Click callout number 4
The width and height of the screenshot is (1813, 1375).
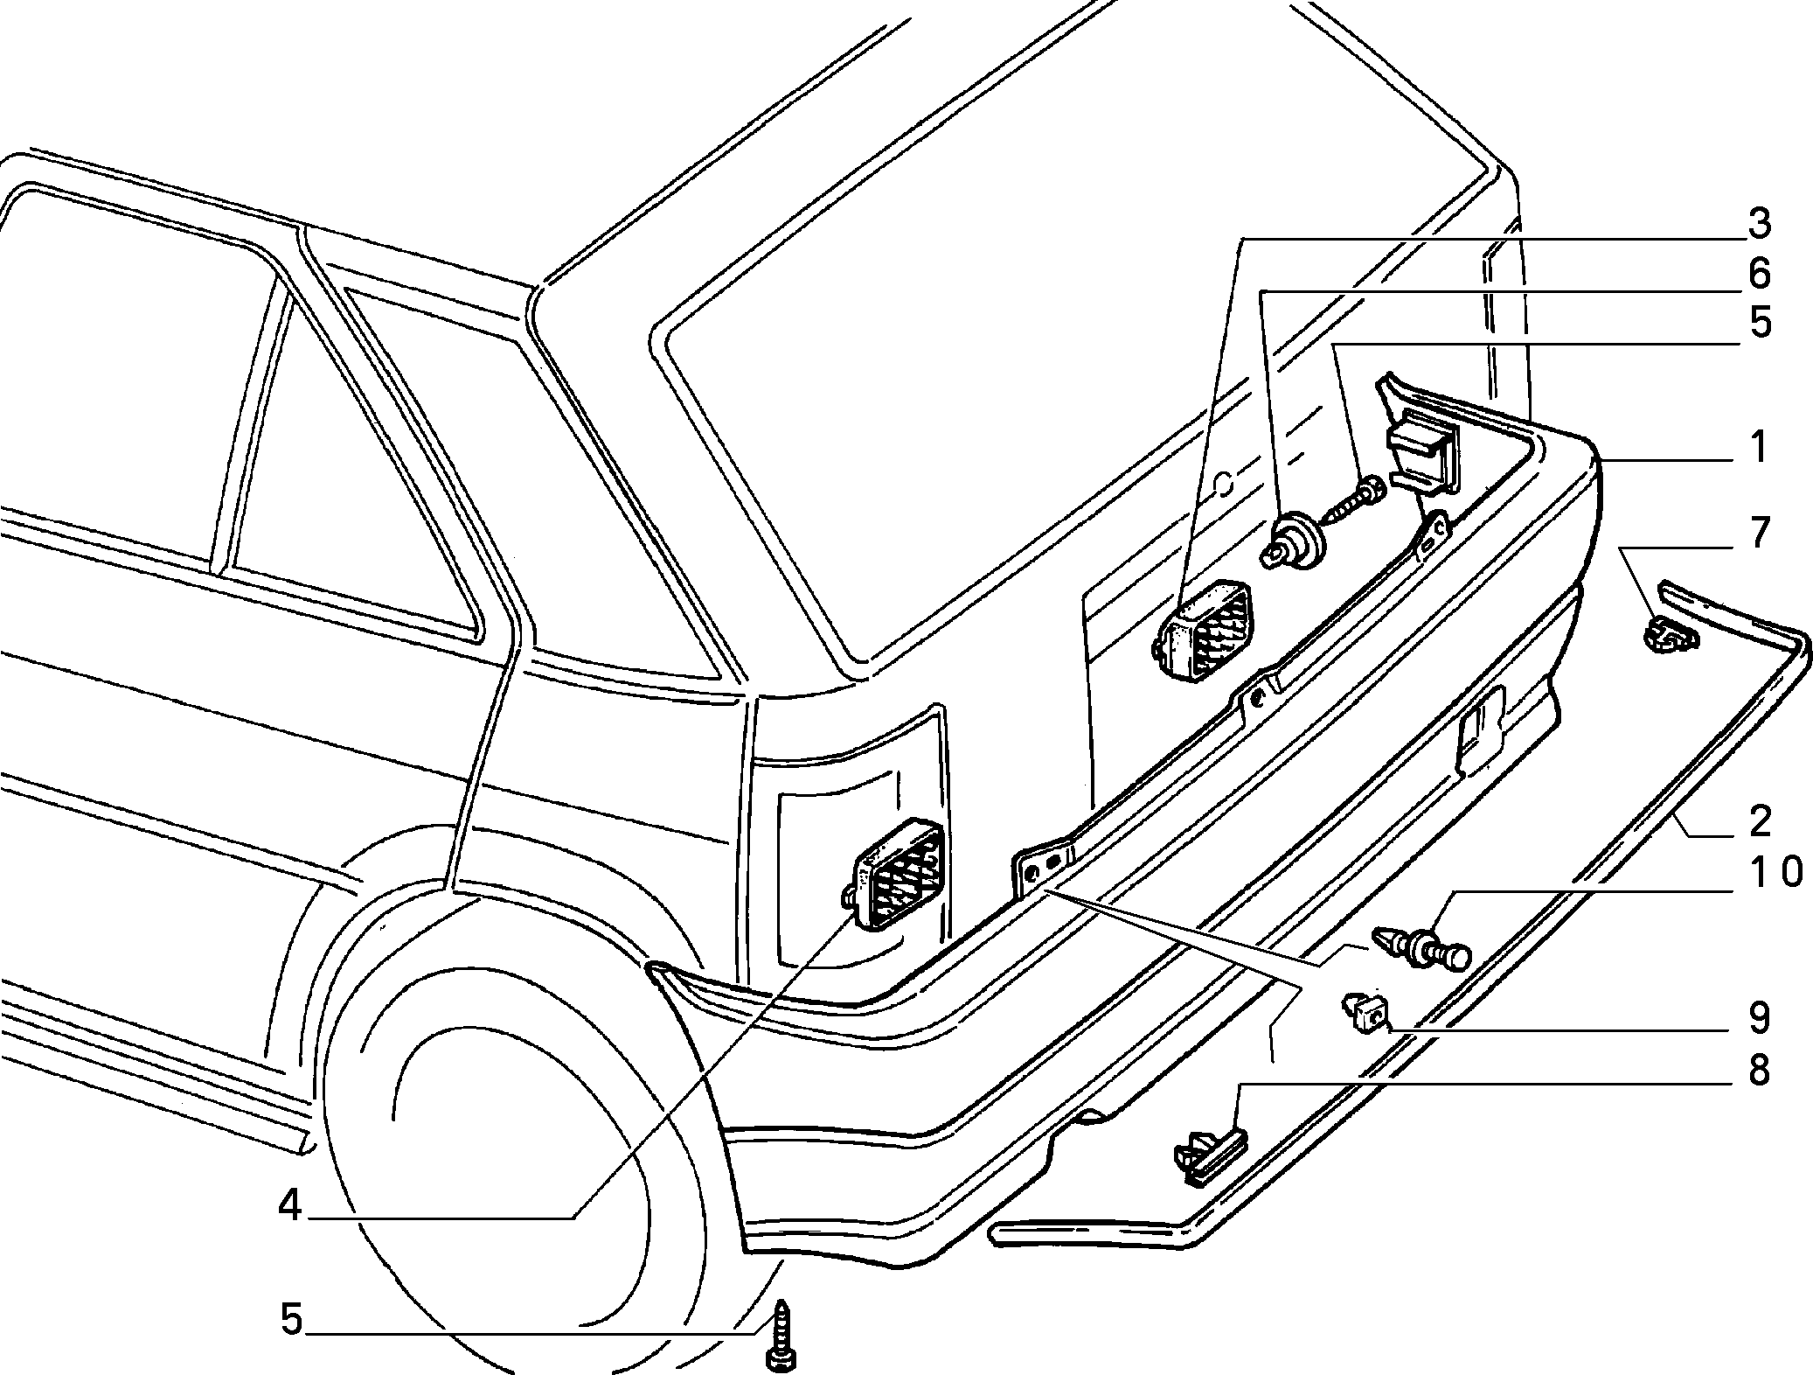pyautogui.click(x=289, y=1207)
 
